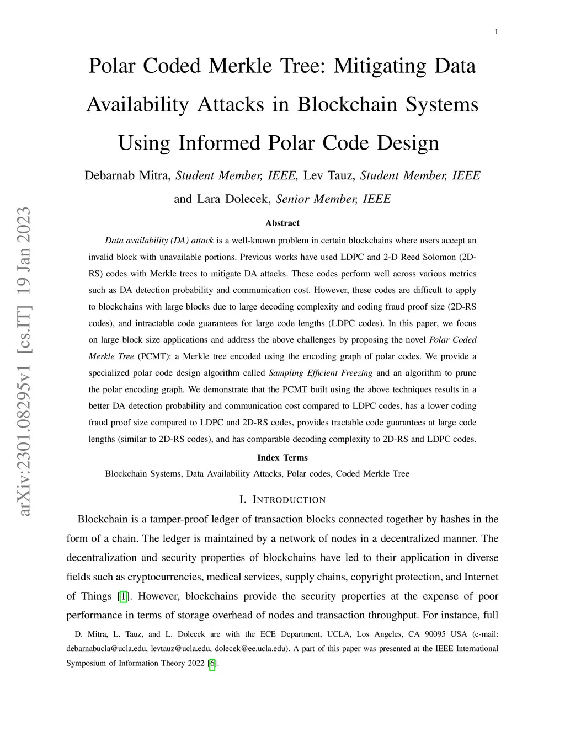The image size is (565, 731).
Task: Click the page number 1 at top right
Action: coord(497,32)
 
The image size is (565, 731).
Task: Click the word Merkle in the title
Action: coord(267,66)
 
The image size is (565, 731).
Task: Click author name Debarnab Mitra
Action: coord(127,175)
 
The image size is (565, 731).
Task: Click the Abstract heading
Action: coord(282,223)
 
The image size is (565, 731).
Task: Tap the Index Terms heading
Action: coord(282,457)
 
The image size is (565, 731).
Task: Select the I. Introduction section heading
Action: coord(282,500)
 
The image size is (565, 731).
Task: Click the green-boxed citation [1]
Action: coord(124,596)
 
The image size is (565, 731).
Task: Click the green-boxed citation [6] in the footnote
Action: coord(212,663)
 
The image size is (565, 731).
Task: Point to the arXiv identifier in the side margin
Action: coord(24,362)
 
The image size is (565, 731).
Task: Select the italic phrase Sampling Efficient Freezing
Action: coord(320,373)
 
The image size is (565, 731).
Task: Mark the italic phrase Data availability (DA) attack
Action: coord(159,241)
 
